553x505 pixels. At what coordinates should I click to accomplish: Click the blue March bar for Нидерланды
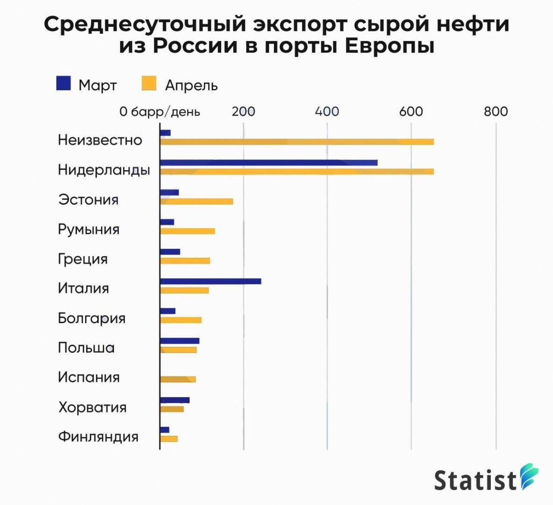tap(268, 163)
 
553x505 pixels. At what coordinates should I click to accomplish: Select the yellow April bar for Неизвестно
tap(297, 142)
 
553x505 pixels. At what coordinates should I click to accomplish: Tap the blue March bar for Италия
tap(210, 281)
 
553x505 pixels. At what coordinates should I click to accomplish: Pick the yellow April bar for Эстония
tap(196, 201)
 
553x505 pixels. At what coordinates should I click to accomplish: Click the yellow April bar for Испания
tap(178, 379)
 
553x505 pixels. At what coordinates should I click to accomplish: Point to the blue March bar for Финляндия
tap(165, 430)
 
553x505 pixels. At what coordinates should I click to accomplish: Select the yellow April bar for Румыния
tap(187, 231)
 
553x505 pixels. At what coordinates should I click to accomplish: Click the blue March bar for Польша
tap(180, 340)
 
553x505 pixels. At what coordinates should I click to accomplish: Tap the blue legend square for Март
tap(64, 83)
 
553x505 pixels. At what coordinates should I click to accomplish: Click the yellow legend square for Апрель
tap(149, 83)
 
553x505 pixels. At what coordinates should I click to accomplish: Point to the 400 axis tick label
tap(327, 111)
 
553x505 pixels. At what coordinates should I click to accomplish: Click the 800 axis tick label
tap(496, 111)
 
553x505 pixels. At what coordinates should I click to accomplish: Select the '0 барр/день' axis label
tap(160, 112)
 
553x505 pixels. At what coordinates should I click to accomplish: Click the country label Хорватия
tap(92, 407)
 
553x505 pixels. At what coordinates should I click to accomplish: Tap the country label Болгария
tap(92, 318)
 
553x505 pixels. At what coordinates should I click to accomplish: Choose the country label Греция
tap(83, 259)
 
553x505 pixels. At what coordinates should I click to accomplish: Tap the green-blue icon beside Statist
tap(530, 476)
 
